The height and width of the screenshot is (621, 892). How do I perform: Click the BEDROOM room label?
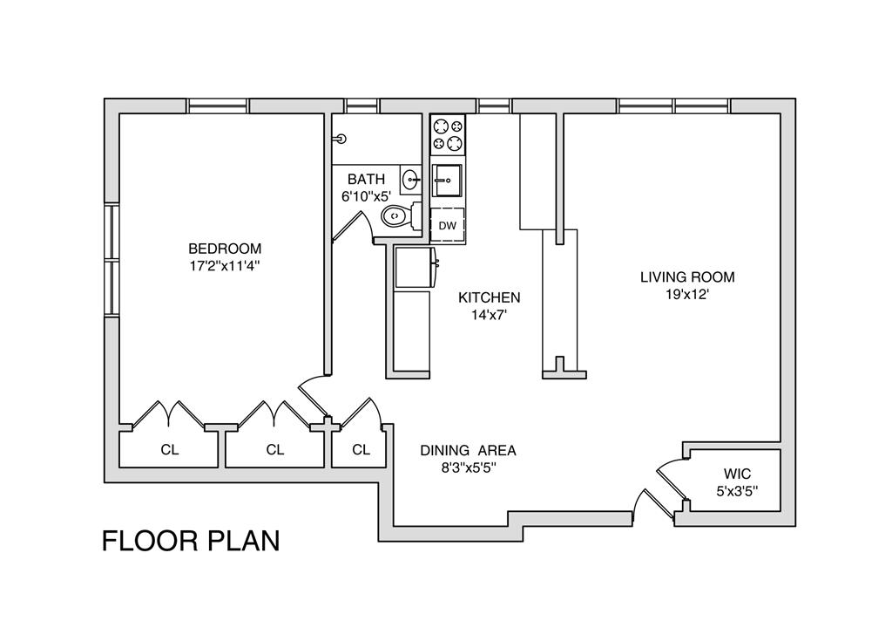pyautogui.click(x=225, y=248)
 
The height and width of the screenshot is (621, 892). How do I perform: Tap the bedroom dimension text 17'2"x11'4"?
pyautogui.click(x=225, y=265)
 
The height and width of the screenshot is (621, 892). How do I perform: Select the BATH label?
pyautogui.click(x=366, y=180)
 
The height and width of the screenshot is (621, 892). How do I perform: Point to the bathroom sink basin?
pyautogui.click(x=412, y=180)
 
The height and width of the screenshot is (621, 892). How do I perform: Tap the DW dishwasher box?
pyautogui.click(x=447, y=226)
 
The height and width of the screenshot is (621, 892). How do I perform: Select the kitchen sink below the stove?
pyautogui.click(x=448, y=181)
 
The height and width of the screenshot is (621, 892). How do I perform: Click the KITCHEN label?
pyautogui.click(x=490, y=297)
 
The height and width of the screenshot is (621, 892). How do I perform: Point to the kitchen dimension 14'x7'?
pyautogui.click(x=490, y=316)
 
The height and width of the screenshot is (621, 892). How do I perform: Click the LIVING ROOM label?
pyautogui.click(x=687, y=277)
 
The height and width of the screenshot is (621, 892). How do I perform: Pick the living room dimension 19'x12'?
pyautogui.click(x=687, y=295)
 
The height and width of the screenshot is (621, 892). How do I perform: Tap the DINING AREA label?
pyautogui.click(x=468, y=451)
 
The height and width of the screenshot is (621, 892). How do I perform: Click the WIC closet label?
pyautogui.click(x=737, y=474)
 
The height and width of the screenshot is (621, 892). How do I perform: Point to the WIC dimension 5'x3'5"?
pyautogui.click(x=737, y=490)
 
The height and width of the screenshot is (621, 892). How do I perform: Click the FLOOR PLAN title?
pyautogui.click(x=191, y=541)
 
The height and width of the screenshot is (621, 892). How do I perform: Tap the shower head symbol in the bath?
pyautogui.click(x=342, y=139)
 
